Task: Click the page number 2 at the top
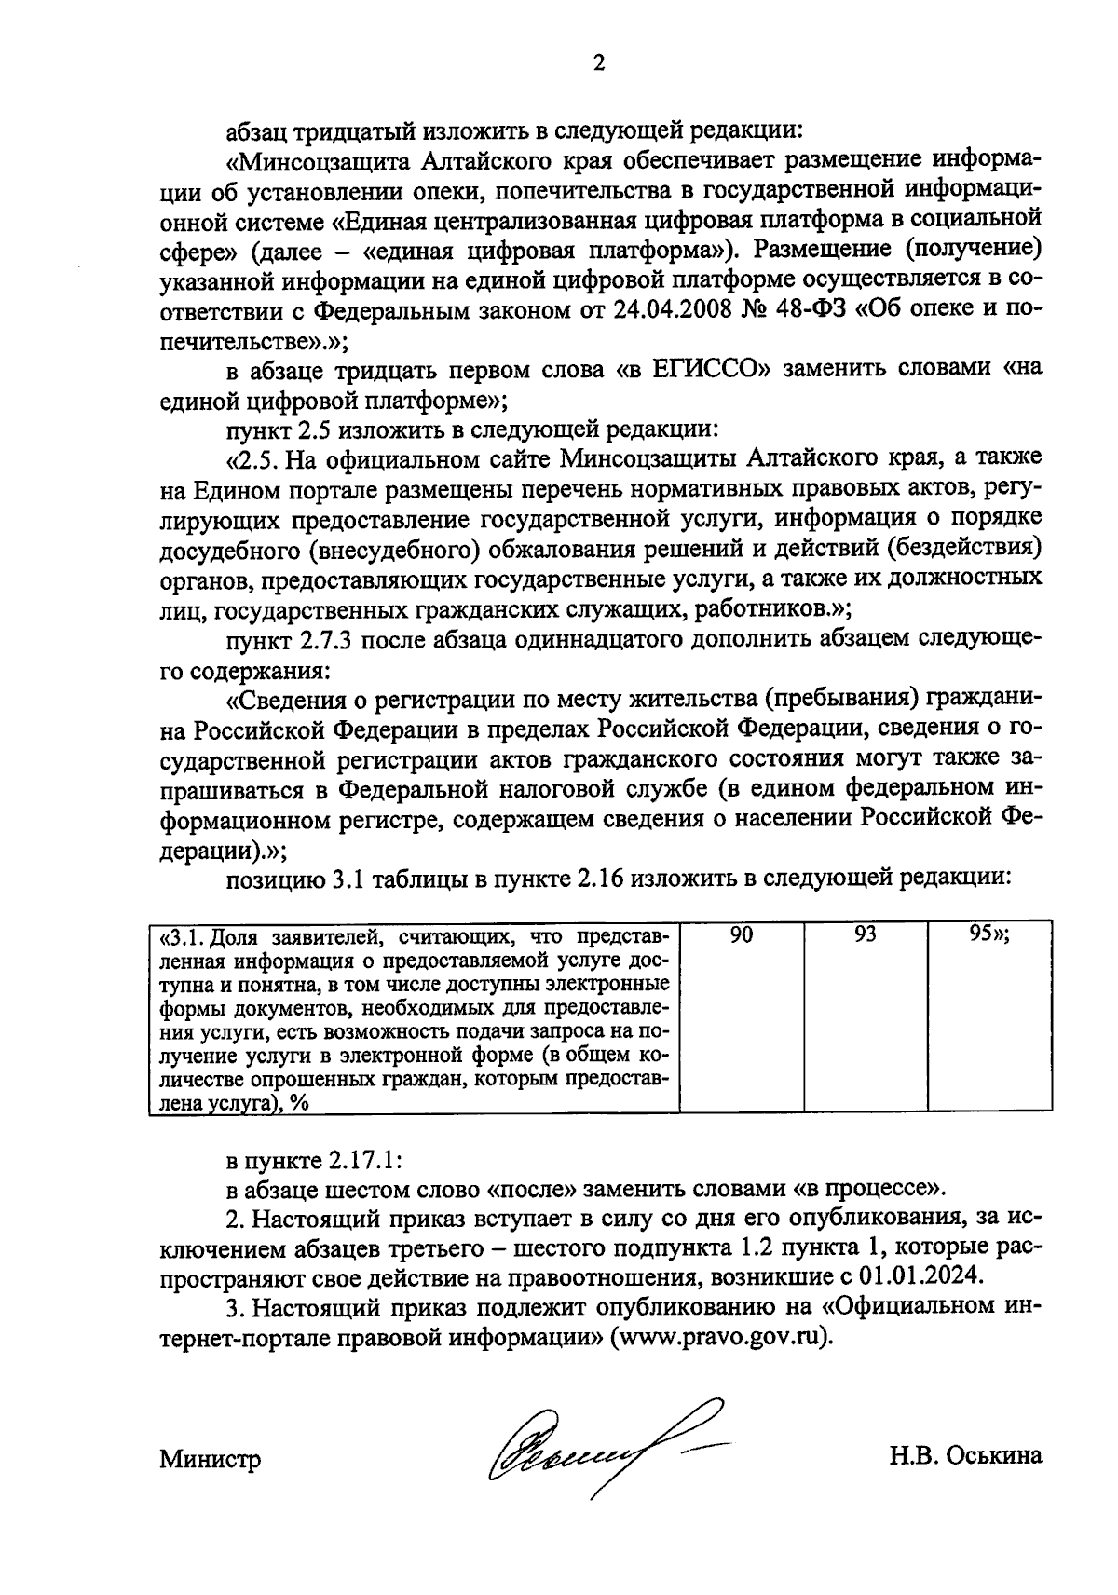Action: pos(599,63)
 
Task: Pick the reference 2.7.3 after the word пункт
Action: pos(329,639)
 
